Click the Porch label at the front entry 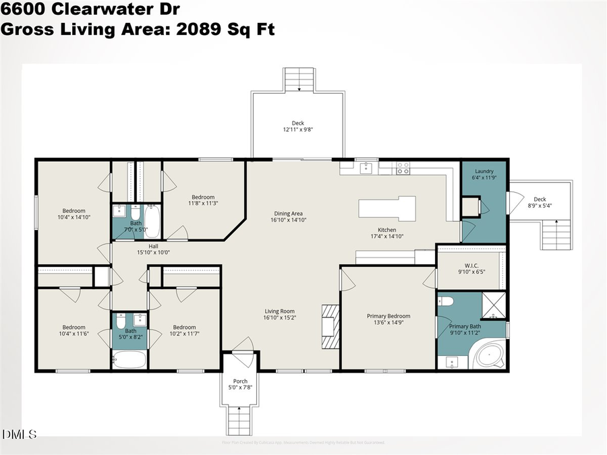click(x=239, y=382)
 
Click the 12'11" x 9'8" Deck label click(x=297, y=126)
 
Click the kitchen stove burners click(x=403, y=168)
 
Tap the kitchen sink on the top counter click(x=366, y=167)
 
